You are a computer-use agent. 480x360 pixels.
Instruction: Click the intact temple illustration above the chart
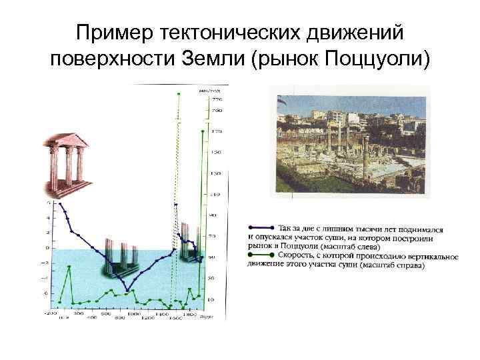click(67, 160)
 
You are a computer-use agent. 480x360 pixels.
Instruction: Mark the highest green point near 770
click(177, 94)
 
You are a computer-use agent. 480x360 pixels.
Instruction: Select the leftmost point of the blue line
click(59, 203)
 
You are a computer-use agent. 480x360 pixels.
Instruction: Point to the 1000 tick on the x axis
click(133, 313)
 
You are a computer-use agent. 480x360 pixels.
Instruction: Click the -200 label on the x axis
click(50, 313)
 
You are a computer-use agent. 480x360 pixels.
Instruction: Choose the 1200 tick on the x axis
click(147, 318)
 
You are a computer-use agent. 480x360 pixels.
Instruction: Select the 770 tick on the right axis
click(217, 99)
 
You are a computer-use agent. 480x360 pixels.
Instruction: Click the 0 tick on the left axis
click(47, 247)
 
